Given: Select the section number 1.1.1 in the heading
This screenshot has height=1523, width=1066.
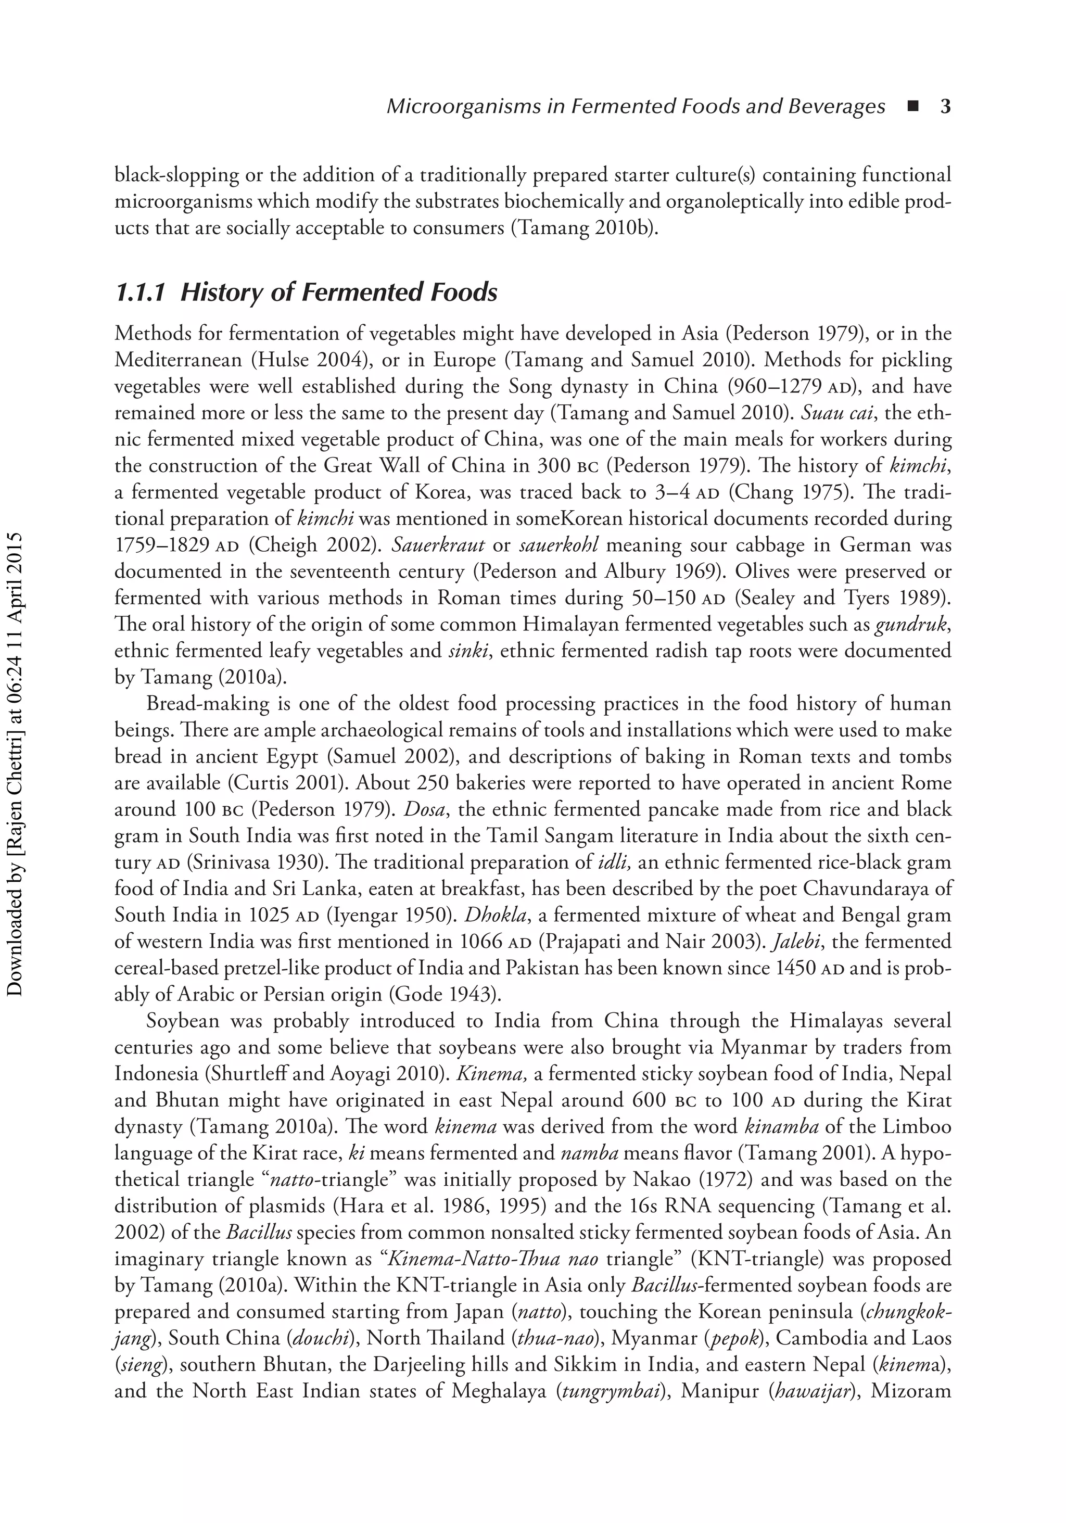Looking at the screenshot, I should pyautogui.click(x=140, y=293).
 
